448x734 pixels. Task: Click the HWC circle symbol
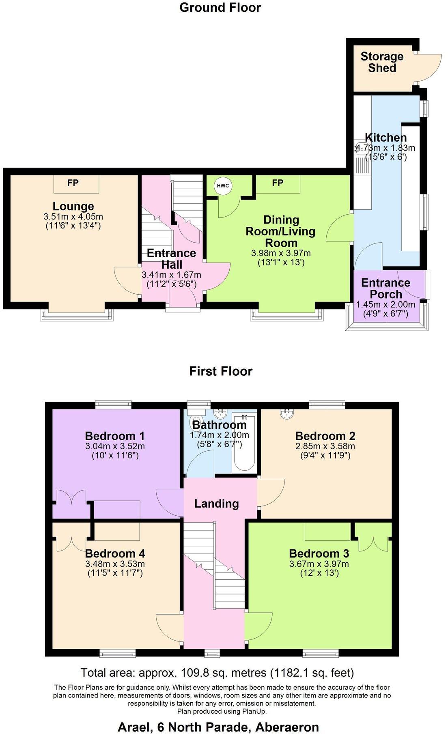pos(223,186)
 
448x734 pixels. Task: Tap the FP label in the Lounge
pos(73,183)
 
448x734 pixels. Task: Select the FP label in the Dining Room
pos(278,183)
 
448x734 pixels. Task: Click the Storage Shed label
pos(382,62)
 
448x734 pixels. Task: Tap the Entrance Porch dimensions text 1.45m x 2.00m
pos(386,304)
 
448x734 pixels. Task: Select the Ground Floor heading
pos(220,8)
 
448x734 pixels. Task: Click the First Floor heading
pos(221,371)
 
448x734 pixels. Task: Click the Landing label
pos(216,504)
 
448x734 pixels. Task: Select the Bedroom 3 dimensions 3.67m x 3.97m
pos(319,564)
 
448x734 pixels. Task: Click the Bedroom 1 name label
pos(115,436)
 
